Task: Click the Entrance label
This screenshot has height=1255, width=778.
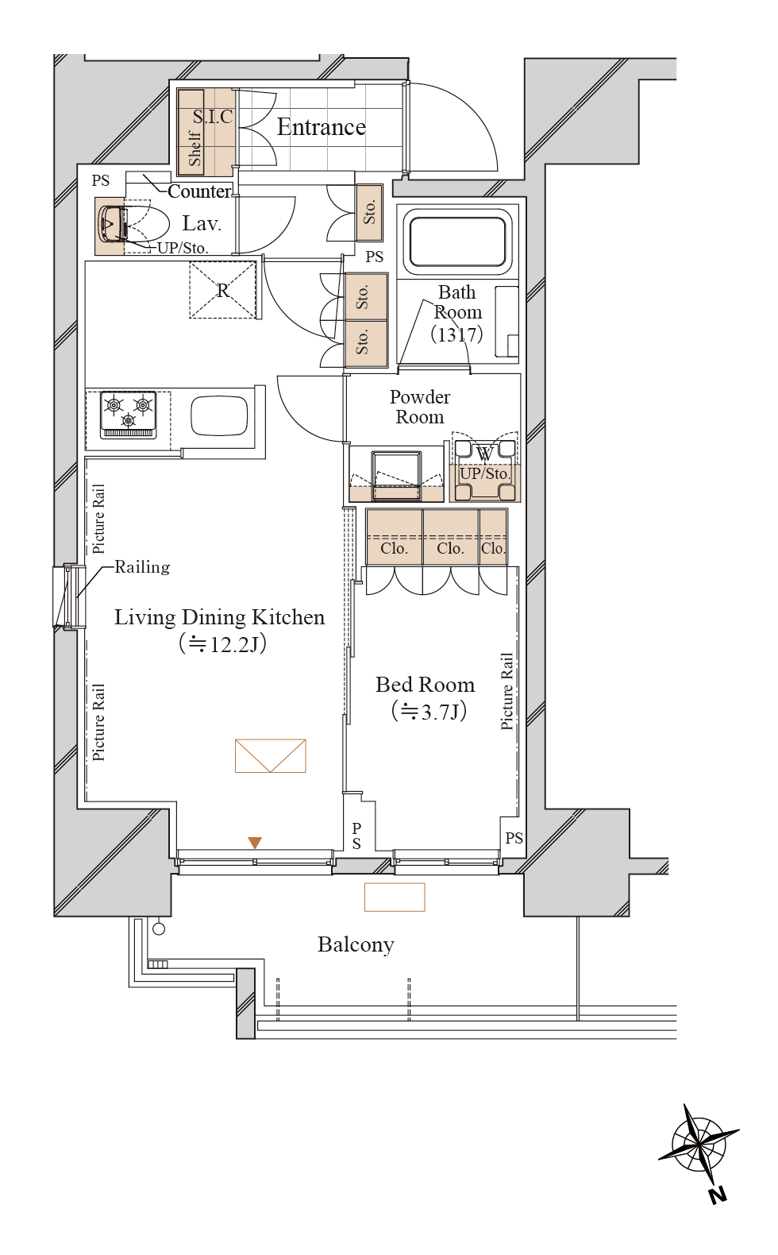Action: click(321, 127)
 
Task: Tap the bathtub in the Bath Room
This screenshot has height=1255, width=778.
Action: click(457, 242)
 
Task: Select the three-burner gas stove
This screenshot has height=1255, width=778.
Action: click(129, 415)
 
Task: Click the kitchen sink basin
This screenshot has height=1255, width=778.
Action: click(220, 415)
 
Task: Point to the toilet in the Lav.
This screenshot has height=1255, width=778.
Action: click(133, 225)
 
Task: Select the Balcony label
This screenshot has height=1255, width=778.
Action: click(356, 945)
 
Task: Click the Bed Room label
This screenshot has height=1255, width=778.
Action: click(426, 685)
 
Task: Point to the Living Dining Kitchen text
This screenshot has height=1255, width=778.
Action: click(220, 617)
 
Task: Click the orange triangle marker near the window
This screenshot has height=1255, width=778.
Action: click(255, 843)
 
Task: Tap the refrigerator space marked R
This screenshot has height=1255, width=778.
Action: click(223, 290)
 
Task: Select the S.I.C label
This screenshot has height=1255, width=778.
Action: click(213, 117)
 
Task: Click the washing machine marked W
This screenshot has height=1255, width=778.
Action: click(484, 470)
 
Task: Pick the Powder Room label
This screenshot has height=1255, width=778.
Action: click(419, 407)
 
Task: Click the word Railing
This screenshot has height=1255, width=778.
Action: click(142, 568)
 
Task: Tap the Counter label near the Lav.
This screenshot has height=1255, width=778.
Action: click(199, 191)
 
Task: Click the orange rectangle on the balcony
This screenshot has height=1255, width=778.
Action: click(395, 897)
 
